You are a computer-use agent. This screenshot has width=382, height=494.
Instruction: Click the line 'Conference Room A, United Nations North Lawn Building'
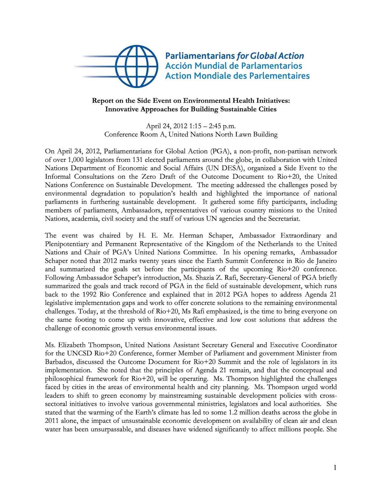pyautogui.click(x=191, y=135)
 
